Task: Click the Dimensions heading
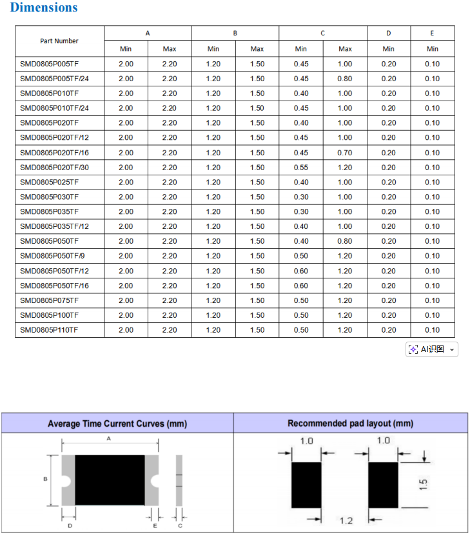point(44,8)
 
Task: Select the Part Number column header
point(59,41)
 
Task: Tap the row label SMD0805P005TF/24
point(54,79)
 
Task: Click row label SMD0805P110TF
point(50,330)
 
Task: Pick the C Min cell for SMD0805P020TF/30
point(301,168)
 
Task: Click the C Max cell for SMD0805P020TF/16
point(345,153)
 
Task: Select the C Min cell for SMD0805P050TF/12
point(301,271)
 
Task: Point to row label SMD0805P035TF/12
point(54,226)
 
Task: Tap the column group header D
point(388,33)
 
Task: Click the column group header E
point(432,33)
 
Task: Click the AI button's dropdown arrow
point(452,349)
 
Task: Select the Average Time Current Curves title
point(117,423)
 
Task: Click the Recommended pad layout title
point(350,423)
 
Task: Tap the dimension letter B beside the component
point(45,479)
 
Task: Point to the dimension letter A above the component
point(109,438)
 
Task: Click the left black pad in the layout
point(306,485)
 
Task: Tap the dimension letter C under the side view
point(179,526)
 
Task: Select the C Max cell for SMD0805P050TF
point(345,241)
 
